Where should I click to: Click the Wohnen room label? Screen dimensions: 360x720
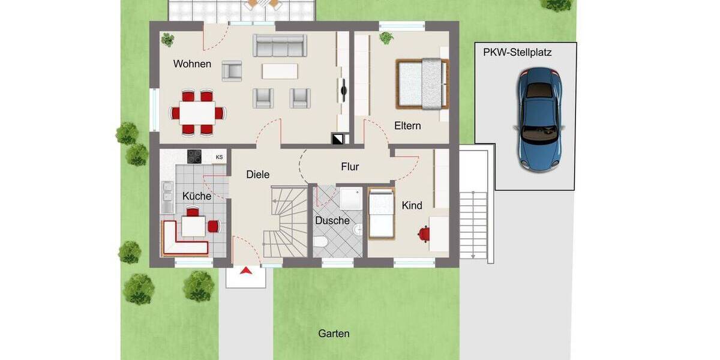(192, 64)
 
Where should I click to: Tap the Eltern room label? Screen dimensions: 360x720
(407, 126)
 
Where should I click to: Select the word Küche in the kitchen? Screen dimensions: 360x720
(197, 196)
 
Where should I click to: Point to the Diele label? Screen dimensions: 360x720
(258, 175)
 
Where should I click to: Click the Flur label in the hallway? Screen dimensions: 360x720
(350, 166)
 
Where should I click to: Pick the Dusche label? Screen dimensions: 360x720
(332, 220)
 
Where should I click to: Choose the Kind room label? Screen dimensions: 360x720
(412, 205)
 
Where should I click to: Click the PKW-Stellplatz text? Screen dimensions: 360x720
(517, 52)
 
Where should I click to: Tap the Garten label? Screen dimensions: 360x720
(334, 334)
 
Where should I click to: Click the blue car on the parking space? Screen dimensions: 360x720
(540, 118)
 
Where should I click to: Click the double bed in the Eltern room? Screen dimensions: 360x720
(421, 84)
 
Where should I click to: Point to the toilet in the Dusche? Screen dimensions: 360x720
(320, 242)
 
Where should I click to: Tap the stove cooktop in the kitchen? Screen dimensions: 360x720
(195, 157)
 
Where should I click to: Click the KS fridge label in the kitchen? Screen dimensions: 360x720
(220, 157)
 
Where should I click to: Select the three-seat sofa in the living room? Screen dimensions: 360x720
(278, 46)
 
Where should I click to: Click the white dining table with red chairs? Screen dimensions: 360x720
(197, 112)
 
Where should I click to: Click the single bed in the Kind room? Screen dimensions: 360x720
(380, 214)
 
